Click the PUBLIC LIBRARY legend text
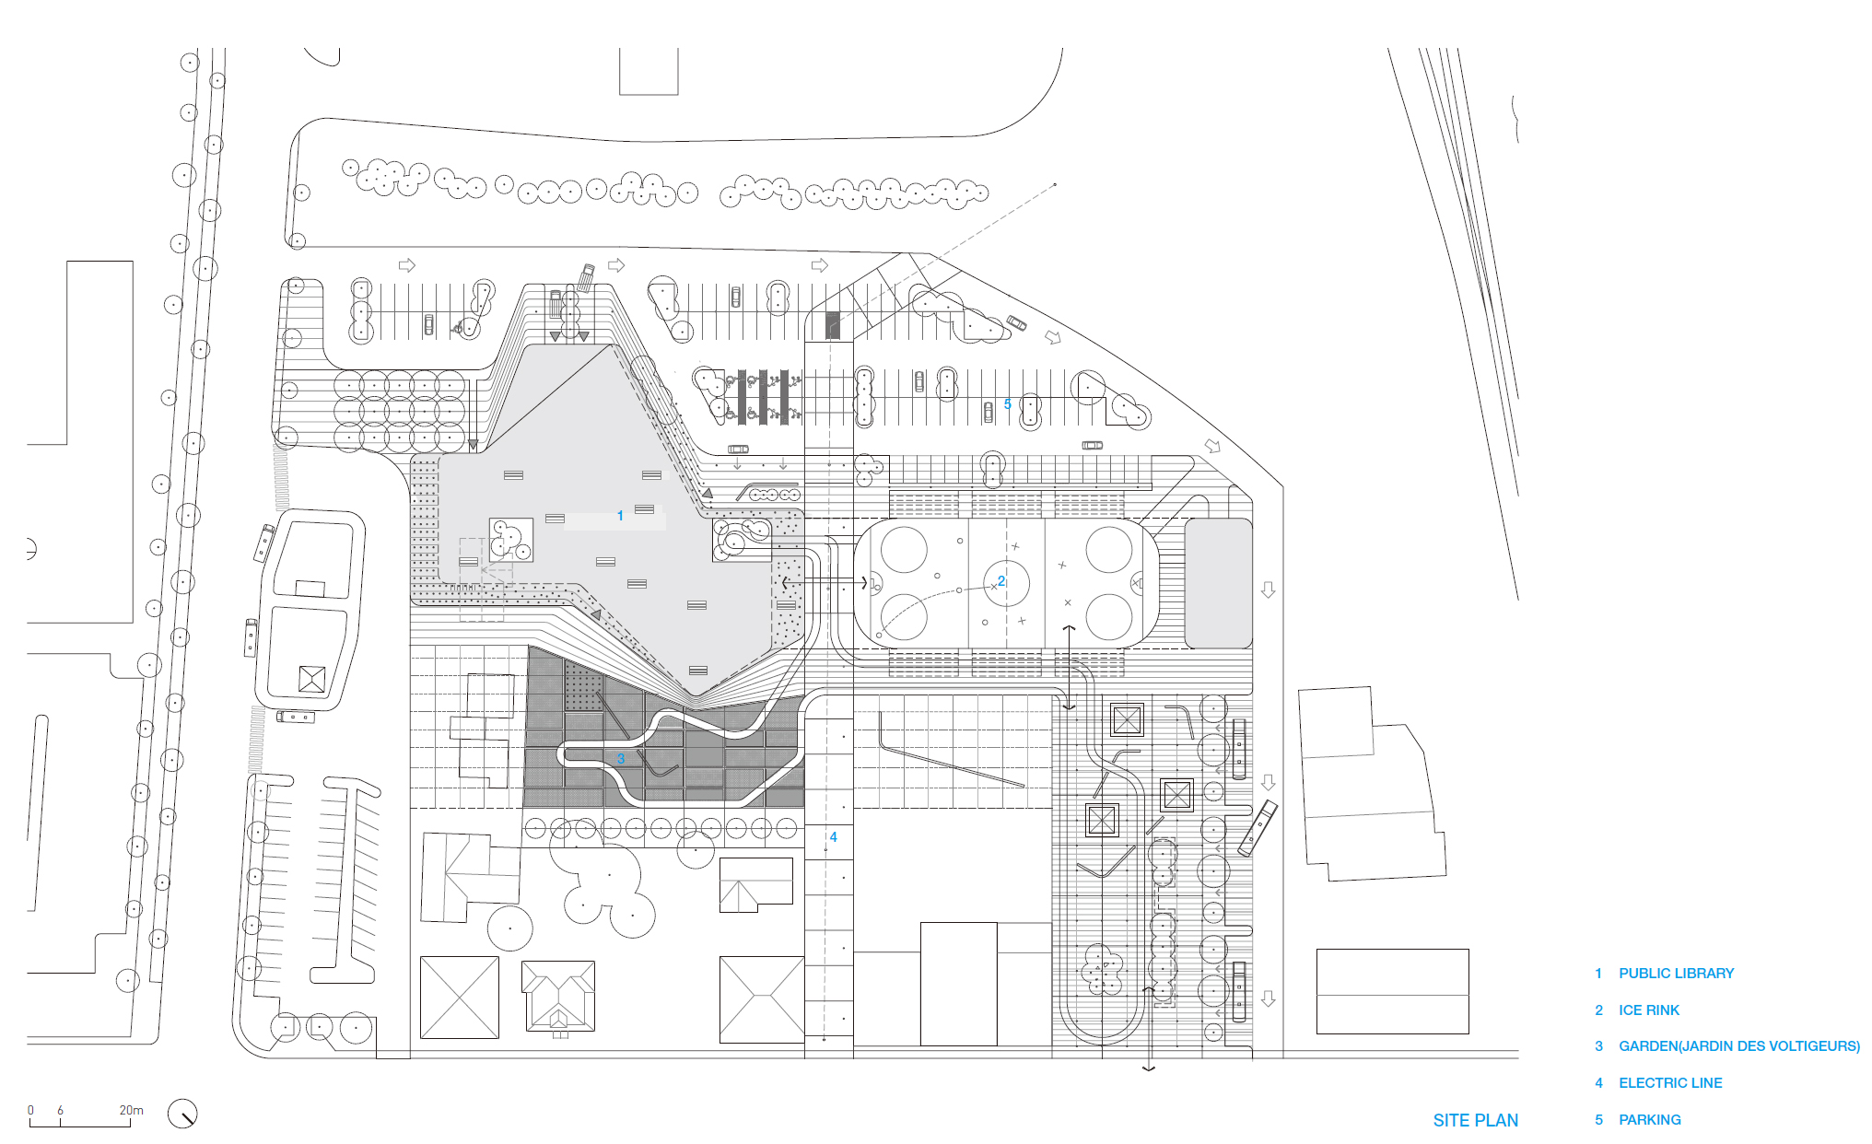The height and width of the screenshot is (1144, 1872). (1676, 974)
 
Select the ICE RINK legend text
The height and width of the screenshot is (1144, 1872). (1649, 1010)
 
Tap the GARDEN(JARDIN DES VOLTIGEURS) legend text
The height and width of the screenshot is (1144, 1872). (1739, 1046)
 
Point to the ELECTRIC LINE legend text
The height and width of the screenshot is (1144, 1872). (1670, 1083)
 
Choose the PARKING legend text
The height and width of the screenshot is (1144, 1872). (1650, 1120)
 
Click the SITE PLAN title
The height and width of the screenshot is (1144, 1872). (1476, 1121)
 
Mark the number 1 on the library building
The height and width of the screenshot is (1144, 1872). (620, 516)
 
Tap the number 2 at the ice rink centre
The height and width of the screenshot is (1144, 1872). (1001, 581)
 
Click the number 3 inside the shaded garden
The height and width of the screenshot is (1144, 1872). (621, 759)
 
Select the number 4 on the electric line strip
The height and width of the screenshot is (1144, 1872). (834, 837)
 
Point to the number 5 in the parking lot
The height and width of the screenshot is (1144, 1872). (1008, 404)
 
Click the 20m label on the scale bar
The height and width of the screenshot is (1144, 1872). (132, 1111)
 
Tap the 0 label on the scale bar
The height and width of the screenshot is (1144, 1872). (30, 1111)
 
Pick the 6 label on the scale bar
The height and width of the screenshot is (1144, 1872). (61, 1111)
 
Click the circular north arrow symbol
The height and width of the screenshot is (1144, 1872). (182, 1114)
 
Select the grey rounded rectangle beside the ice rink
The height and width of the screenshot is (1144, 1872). (1218, 583)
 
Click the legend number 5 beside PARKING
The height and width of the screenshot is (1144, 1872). (1599, 1120)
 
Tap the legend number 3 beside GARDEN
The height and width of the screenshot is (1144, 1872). (1599, 1046)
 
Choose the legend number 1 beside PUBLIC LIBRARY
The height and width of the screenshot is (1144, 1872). (1599, 974)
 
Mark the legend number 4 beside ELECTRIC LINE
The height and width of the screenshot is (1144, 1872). (1599, 1083)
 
